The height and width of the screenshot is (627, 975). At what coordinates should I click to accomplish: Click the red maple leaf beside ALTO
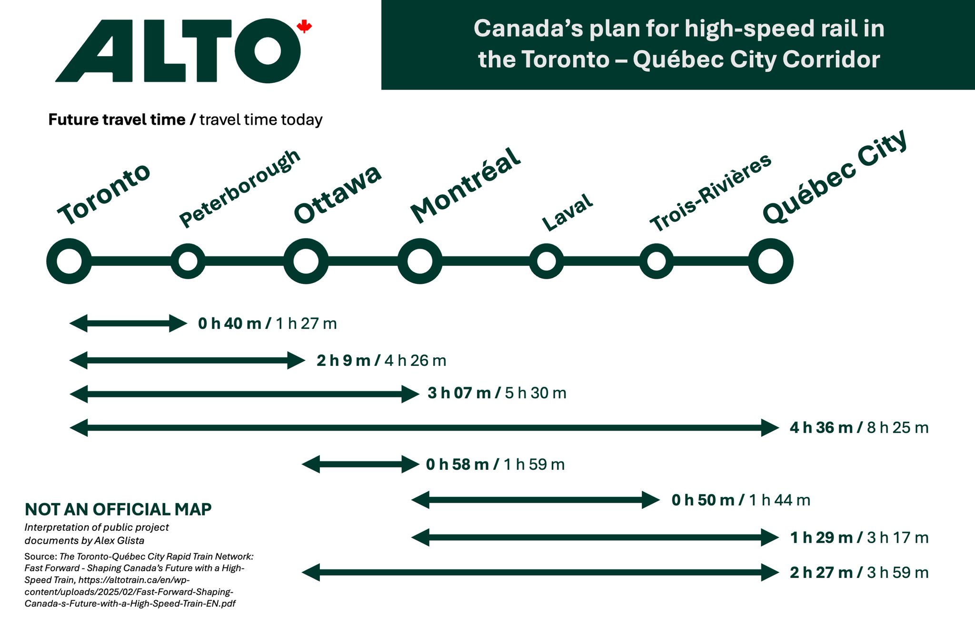pos(304,27)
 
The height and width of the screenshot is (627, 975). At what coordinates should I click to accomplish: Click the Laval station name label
pos(567,212)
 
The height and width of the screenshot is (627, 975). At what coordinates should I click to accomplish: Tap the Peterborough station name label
pos(239,189)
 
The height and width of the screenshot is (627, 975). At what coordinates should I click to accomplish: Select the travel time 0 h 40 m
pos(229,324)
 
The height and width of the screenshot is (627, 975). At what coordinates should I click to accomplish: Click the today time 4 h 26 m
pos(415,361)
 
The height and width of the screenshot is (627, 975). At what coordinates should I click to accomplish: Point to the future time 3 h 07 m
pos(459,393)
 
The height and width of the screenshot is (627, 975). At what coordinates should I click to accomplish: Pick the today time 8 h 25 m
pos(897,428)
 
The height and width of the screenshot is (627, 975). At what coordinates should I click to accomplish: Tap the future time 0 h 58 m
pos(458,465)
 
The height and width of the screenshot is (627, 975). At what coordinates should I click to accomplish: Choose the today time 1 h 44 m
pos(779,500)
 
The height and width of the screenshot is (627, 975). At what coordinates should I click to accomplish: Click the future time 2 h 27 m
pos(821,573)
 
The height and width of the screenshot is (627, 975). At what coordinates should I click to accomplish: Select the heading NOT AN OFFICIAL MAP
pos(118,509)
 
